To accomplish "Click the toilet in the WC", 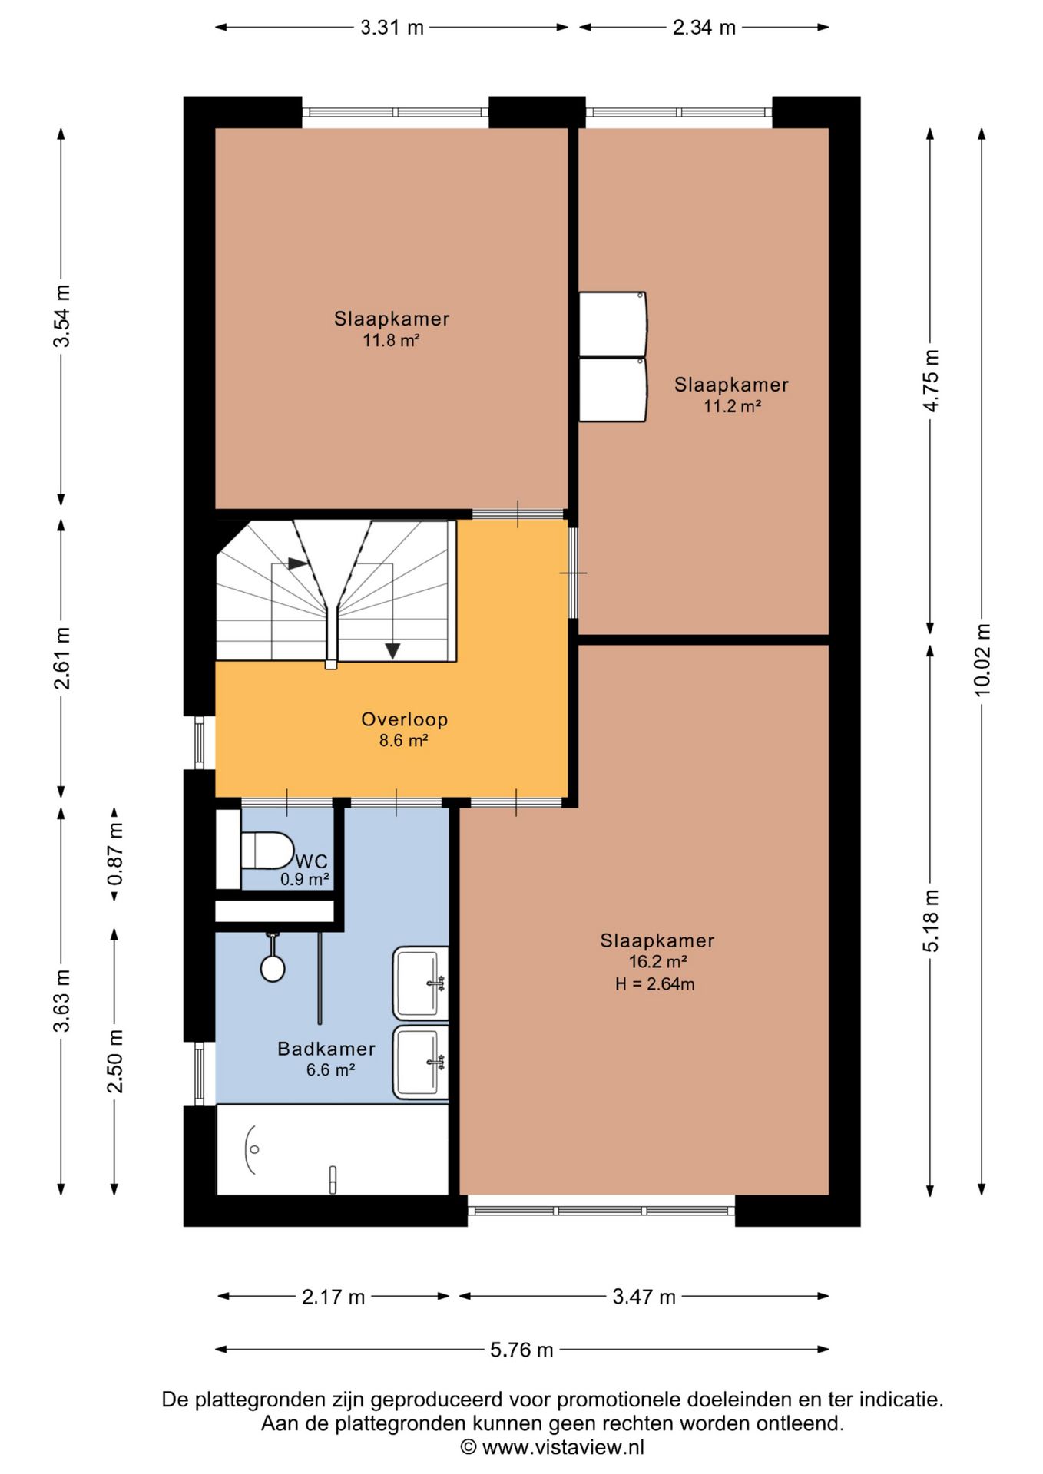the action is click(267, 850).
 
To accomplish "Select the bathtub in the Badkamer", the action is click(333, 1149).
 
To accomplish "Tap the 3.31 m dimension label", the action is click(392, 28).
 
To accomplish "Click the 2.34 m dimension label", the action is click(704, 28).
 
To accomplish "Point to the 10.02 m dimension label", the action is click(982, 659).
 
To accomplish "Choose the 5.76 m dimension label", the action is click(521, 1350).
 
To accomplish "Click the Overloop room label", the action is click(405, 719).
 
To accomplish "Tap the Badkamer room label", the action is click(326, 1049).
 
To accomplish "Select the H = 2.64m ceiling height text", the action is click(655, 984).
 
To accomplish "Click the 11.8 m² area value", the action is click(392, 340).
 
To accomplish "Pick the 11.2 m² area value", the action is click(732, 406).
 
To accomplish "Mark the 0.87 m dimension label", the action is click(115, 854).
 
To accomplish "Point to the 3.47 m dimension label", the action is click(644, 1297).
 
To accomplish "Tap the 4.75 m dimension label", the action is click(931, 381).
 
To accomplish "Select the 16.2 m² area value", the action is click(657, 962).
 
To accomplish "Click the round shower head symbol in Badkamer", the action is click(273, 968).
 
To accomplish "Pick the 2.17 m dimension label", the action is click(333, 1297).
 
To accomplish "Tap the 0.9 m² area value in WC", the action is click(305, 880).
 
